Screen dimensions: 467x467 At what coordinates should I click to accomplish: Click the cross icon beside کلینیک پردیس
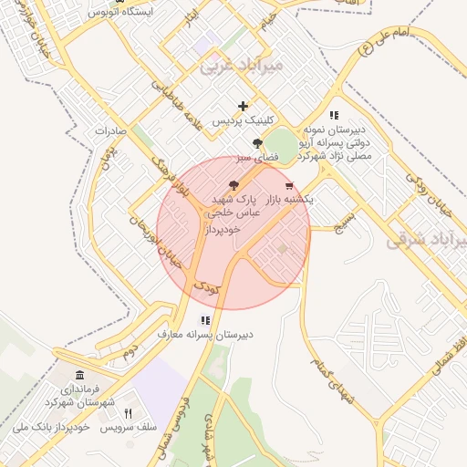[x=243, y=106]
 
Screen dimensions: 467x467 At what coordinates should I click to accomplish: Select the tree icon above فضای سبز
[x=258, y=143]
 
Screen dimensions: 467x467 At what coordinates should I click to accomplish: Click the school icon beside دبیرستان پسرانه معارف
[x=205, y=320]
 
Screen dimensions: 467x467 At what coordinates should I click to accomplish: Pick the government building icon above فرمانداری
[x=79, y=376]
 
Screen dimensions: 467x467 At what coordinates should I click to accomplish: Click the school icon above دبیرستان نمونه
[x=334, y=116]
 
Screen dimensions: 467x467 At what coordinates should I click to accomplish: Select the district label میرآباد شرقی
[x=426, y=239]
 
